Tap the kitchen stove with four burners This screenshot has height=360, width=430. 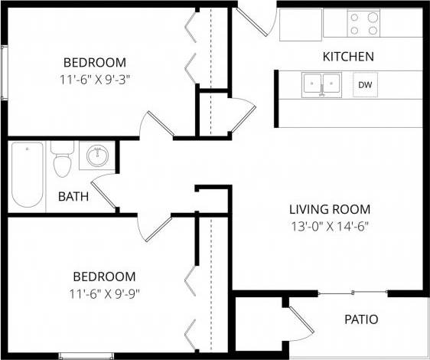[x=364, y=23]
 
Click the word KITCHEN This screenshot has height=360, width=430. [x=348, y=57]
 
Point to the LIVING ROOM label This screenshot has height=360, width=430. [x=330, y=208]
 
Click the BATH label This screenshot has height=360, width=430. [x=73, y=197]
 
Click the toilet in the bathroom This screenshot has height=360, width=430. [x=61, y=161]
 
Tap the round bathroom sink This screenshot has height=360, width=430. [x=97, y=156]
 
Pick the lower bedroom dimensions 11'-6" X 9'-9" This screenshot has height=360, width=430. [x=104, y=293]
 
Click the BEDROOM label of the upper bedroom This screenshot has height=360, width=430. [x=94, y=62]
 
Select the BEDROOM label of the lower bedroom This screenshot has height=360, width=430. [x=104, y=277]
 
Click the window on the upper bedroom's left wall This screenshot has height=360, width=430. [x=5, y=72]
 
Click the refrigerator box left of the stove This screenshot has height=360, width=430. [x=301, y=25]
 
